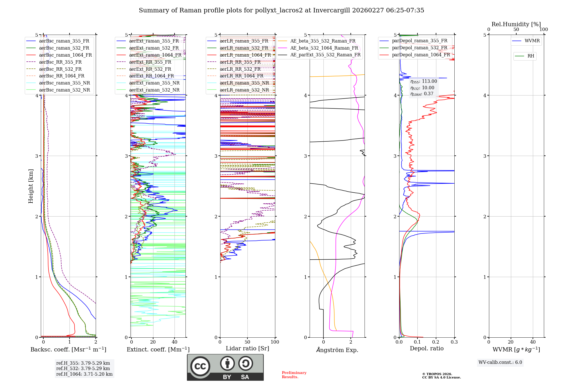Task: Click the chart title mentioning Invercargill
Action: pos(281,10)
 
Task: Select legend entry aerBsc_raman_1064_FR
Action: pos(65,55)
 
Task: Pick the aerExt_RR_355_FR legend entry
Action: pos(150,62)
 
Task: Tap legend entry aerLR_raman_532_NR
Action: pos(244,90)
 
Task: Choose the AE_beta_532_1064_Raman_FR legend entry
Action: pos(324,48)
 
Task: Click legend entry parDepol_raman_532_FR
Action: pos(419,48)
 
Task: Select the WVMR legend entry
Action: pos(532,41)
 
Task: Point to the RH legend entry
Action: pos(531,56)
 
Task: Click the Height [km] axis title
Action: pos(31,186)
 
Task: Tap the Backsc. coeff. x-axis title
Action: pos(68,349)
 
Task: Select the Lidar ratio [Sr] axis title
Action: pos(247,348)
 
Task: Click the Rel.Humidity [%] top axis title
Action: pos(516,24)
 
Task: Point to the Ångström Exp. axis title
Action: pos(337,350)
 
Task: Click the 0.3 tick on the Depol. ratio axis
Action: pos(454,342)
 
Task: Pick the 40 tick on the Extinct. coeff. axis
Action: pos(175,342)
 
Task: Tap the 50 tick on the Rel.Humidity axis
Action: pos(516,30)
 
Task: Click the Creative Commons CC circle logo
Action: pos(200,366)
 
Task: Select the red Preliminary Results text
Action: pos(294,375)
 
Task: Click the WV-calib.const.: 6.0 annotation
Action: pos(500,362)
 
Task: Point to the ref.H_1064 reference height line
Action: pos(84,374)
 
